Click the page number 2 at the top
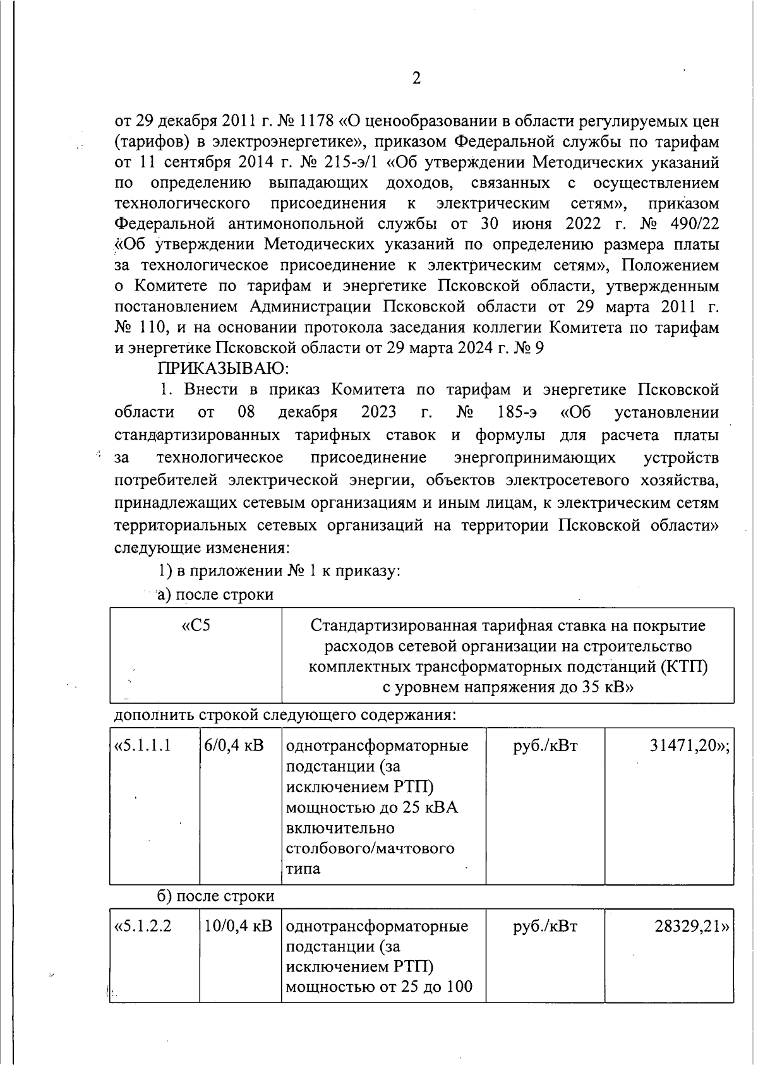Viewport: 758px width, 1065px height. tap(416, 78)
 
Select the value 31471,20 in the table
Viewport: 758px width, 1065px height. tap(689, 745)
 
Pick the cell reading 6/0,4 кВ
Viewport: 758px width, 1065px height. tap(234, 745)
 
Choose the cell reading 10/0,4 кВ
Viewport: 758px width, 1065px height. tap(238, 926)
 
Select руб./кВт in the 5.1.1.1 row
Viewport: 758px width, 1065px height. tap(544, 745)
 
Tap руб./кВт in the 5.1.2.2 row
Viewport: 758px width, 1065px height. tap(544, 926)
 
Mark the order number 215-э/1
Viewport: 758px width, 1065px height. tap(351, 162)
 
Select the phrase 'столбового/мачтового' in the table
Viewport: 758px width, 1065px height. tap(370, 848)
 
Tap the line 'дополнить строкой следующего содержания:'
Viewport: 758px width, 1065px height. tap(285, 715)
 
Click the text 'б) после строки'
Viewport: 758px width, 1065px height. tap(215, 896)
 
